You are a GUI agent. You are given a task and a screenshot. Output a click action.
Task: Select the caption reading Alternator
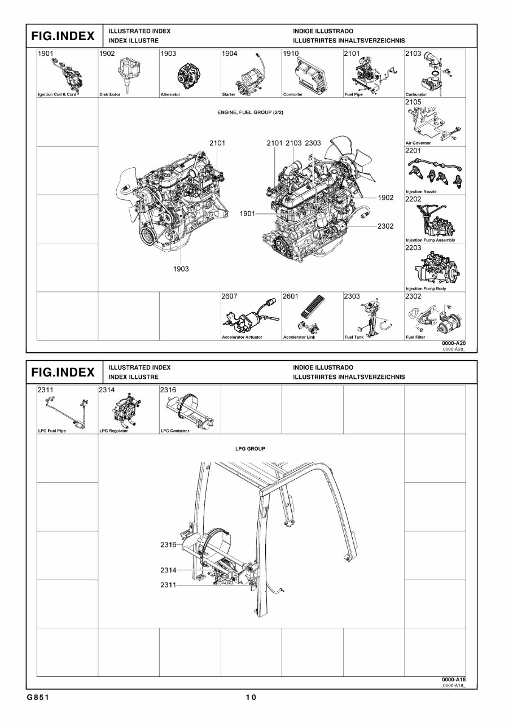pos(170,95)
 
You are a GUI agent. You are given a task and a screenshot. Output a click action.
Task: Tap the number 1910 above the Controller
pos(291,54)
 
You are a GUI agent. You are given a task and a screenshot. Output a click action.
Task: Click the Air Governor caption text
pos(418,143)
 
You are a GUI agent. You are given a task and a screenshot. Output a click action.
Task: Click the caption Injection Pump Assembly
pos(430,240)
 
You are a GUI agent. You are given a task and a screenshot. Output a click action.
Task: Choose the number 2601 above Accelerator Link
pos(291,296)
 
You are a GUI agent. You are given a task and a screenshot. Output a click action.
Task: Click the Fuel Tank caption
pos(354,338)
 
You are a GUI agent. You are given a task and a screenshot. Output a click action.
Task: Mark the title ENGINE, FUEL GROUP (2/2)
pos(251,112)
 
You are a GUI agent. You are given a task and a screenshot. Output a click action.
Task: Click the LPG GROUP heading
pos(250,449)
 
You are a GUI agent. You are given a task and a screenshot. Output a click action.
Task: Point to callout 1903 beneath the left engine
pos(181,269)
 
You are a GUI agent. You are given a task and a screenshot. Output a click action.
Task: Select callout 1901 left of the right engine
pos(247,214)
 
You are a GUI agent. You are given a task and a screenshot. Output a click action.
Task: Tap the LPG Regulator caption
pos(113,431)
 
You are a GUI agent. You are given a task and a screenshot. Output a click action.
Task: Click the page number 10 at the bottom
pos(251,698)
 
